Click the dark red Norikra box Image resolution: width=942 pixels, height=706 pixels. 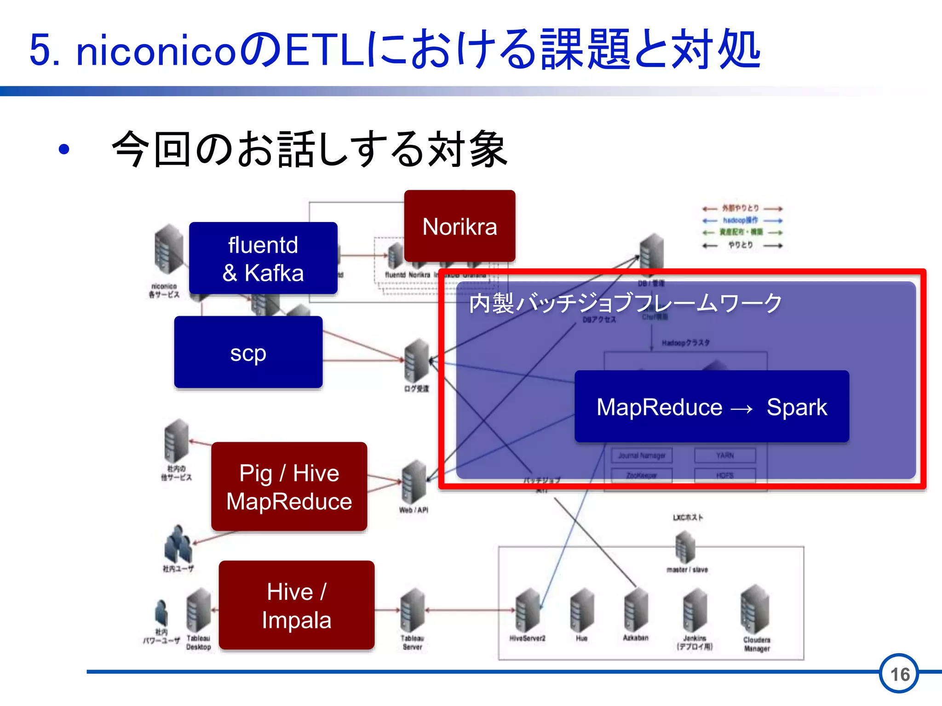pyautogui.click(x=460, y=226)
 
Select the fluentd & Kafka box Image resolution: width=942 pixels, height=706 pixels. pyautogui.click(x=263, y=258)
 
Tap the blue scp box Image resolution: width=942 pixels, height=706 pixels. pyautogui.click(x=248, y=352)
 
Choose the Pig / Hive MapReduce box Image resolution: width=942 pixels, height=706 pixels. pyautogui.click(x=289, y=487)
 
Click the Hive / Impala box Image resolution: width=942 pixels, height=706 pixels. pyautogui.click(x=297, y=605)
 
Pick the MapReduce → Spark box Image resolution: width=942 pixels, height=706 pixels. pyautogui.click(x=712, y=406)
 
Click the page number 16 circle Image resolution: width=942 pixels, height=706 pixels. pyautogui.click(x=900, y=674)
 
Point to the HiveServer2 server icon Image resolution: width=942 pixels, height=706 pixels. pyautogui.click(x=527, y=610)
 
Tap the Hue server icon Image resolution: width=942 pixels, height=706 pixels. pyautogui.click(x=581, y=610)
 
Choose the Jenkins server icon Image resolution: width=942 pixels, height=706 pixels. pyautogui.click(x=695, y=610)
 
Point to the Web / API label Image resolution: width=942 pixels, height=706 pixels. pyautogui.click(x=414, y=510)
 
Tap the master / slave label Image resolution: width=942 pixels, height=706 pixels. pyautogui.click(x=687, y=569)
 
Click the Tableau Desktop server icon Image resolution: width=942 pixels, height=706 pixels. pyautogui.click(x=199, y=610)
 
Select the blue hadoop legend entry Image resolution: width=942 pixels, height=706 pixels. pyautogui.click(x=741, y=220)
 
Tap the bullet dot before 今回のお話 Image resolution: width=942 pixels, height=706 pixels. pyautogui.click(x=64, y=149)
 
